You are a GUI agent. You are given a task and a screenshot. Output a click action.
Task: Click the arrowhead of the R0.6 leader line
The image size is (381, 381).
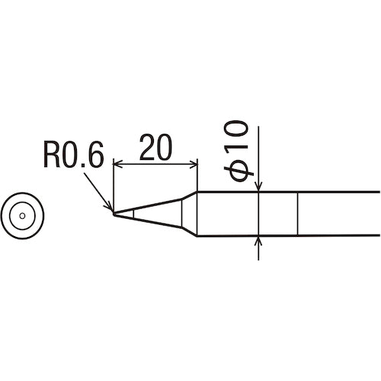coord(110,209)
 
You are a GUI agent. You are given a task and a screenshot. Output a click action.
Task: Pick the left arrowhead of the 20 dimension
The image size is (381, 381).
coord(117,162)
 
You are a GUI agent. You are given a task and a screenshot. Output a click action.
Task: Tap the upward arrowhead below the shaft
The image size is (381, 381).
coord(260,242)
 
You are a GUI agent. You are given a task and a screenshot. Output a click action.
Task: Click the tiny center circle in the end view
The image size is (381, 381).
coord(23,215)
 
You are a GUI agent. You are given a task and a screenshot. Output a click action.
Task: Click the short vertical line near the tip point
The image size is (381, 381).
coord(134,214)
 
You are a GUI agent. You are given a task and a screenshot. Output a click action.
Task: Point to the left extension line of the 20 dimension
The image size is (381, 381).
coord(114,183)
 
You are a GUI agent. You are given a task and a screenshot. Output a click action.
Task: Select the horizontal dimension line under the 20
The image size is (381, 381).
coord(155,162)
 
